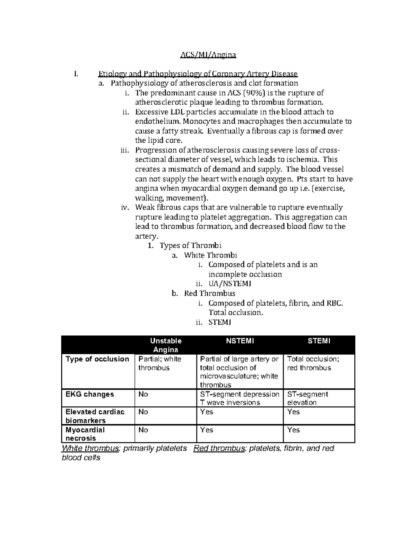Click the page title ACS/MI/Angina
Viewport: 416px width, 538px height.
(x=208, y=55)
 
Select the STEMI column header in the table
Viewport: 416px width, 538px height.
(x=319, y=341)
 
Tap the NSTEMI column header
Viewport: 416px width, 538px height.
(x=240, y=341)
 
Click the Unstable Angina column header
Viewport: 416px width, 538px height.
(x=166, y=345)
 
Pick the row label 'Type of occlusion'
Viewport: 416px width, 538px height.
(x=97, y=359)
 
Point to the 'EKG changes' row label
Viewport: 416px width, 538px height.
(x=90, y=394)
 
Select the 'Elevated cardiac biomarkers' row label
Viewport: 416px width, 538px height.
(x=95, y=416)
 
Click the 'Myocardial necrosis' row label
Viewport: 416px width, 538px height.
(x=85, y=434)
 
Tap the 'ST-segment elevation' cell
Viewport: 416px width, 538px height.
(x=307, y=398)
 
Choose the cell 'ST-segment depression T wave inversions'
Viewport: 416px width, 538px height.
(x=240, y=398)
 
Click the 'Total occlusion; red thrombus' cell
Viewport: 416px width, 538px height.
(x=313, y=363)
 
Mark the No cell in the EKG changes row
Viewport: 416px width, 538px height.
(x=143, y=394)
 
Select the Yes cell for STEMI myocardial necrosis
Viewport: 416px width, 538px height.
(x=293, y=430)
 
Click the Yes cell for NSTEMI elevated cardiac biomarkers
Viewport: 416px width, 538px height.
(x=207, y=412)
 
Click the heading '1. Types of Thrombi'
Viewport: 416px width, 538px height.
(x=185, y=246)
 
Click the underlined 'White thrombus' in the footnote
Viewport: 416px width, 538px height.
(x=90, y=448)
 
